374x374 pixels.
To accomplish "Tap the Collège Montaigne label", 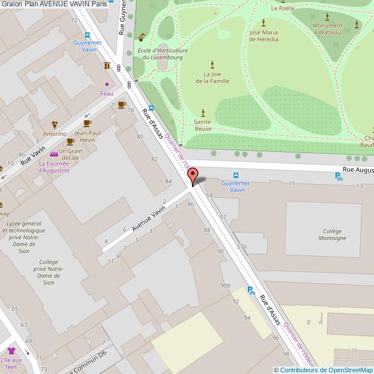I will (333, 234).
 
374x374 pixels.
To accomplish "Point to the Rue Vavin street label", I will (33, 155).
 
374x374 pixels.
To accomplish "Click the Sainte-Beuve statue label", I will (203, 125).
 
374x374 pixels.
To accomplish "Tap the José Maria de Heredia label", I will (264, 36).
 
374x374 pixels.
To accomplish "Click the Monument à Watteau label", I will (327, 29).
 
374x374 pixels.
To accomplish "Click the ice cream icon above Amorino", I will (55, 124).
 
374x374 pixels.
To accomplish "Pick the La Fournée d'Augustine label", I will (54, 166).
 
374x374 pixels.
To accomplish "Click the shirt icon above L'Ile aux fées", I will (11, 351).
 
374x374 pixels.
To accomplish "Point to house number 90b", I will (226, 285).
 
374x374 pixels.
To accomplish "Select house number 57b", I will (241, 246).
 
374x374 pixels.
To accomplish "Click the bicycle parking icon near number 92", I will (251, 291).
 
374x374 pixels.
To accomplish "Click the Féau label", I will (106, 93).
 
